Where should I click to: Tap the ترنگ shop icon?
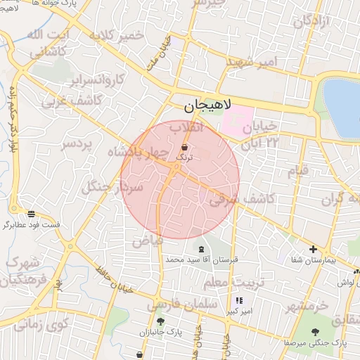pos(184,148)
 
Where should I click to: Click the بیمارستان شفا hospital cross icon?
pos(313,249)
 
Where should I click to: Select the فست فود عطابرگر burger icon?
pos(31,214)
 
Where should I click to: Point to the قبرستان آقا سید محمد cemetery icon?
pos(202,249)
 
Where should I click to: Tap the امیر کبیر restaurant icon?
pos(239,300)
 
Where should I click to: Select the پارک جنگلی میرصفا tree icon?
pos(314,332)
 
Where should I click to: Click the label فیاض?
pos(148,240)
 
